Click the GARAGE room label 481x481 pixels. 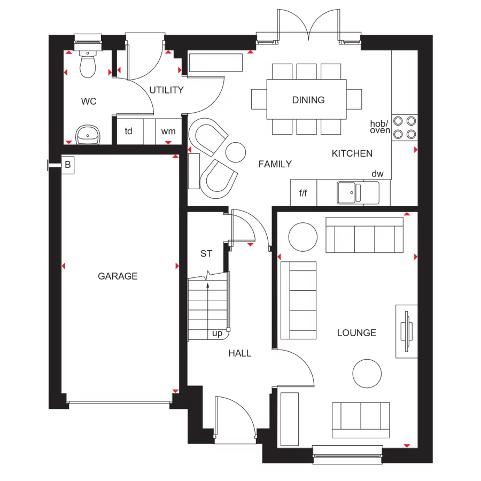(x=118, y=276)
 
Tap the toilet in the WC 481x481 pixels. (x=87, y=65)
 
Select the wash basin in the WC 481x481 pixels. (x=87, y=135)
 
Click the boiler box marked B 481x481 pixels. (x=68, y=165)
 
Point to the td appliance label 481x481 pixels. (x=129, y=131)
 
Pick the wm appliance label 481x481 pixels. (x=168, y=131)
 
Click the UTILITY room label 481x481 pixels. (x=166, y=90)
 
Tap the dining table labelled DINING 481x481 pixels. (x=307, y=100)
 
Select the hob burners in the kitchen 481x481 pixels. (x=405, y=128)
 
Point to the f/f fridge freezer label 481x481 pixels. (x=303, y=193)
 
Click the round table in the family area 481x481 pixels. (x=235, y=152)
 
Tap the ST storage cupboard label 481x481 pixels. (x=206, y=253)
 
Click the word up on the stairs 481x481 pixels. (x=218, y=333)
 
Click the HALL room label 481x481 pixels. (x=239, y=353)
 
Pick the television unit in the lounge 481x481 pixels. (x=406, y=331)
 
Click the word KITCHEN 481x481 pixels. (x=352, y=153)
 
